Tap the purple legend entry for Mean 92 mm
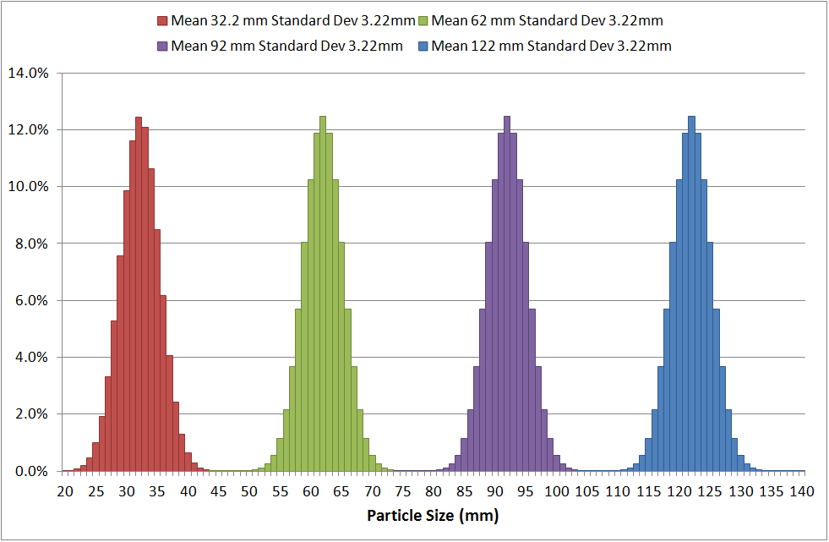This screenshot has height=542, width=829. click(x=286, y=46)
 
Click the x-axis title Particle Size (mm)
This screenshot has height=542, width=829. click(x=432, y=515)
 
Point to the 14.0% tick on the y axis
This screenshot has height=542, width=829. click(x=31, y=73)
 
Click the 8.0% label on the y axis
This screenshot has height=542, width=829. click(x=35, y=244)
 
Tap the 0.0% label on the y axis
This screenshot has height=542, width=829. click(x=35, y=471)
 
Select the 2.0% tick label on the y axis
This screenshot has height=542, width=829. click(x=35, y=414)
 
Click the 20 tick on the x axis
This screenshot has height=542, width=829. click(x=65, y=490)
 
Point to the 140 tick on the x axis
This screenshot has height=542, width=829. click(x=802, y=490)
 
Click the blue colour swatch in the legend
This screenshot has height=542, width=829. click(x=423, y=46)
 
